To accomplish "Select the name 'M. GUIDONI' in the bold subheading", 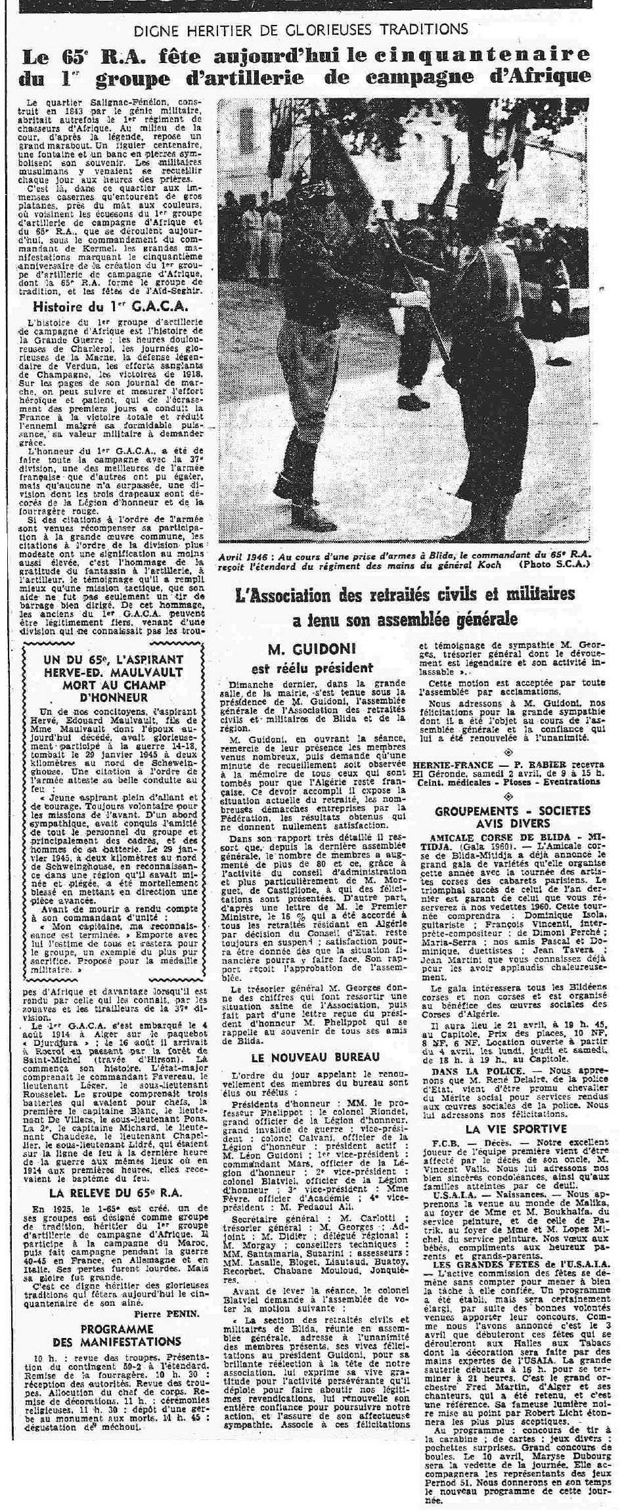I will [x=311, y=649].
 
